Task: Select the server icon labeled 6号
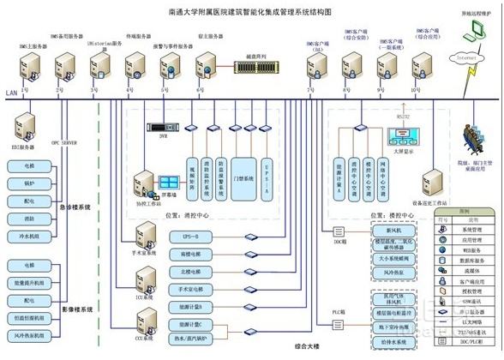point(204,66)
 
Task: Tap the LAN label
point(10,93)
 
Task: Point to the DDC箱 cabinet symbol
point(331,229)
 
